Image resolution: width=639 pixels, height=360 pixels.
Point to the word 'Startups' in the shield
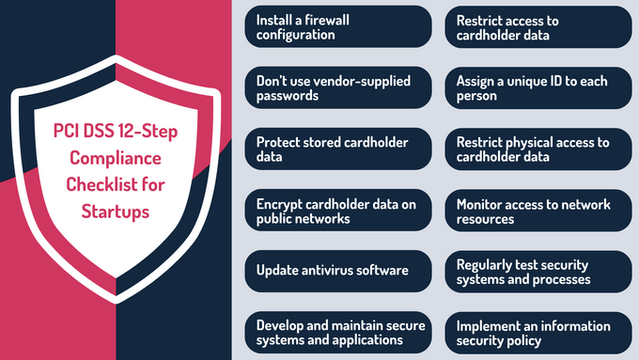[115, 212]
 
